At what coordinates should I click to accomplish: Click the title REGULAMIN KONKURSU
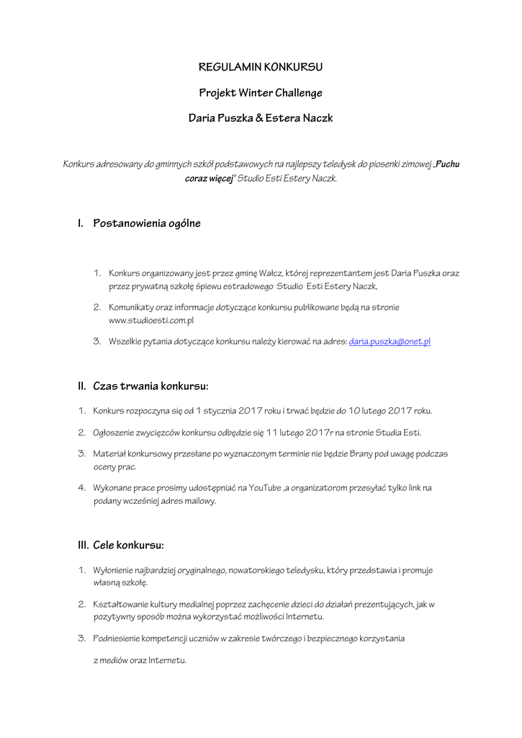[261, 67]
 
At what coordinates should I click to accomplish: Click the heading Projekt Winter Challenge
[261, 93]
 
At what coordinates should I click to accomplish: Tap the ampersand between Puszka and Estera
[259, 117]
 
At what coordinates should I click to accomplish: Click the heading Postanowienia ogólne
[147, 223]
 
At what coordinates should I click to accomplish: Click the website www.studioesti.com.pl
[151, 320]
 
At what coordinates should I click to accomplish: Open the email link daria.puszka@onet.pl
[390, 341]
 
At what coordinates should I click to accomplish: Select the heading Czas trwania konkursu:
[150, 386]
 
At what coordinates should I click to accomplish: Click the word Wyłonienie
[112, 570]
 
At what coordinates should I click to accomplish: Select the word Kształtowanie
[122, 604]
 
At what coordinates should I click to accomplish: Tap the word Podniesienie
[118, 638]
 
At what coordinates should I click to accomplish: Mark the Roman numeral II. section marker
[82, 386]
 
